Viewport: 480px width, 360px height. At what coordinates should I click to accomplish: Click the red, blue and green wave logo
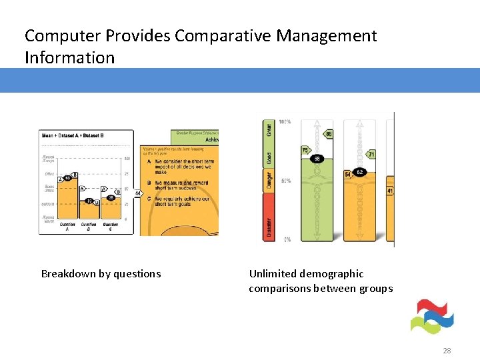432,316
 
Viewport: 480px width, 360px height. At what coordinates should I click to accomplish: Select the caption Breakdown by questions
101,273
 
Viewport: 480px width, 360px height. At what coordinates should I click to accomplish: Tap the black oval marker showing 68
317,159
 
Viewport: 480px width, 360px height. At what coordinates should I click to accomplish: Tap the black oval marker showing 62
360,172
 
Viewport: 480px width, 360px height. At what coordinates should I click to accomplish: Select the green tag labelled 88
328,135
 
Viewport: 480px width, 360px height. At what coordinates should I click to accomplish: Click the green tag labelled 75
306,150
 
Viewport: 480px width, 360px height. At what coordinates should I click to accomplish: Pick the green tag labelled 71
371,154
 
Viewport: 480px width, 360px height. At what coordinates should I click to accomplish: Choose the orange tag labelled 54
347,174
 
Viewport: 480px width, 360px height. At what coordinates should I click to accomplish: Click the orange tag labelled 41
390,191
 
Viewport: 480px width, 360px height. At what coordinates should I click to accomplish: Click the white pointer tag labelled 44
138,193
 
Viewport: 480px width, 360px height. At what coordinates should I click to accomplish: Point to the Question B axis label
89,227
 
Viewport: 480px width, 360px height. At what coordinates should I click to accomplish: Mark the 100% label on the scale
285,122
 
